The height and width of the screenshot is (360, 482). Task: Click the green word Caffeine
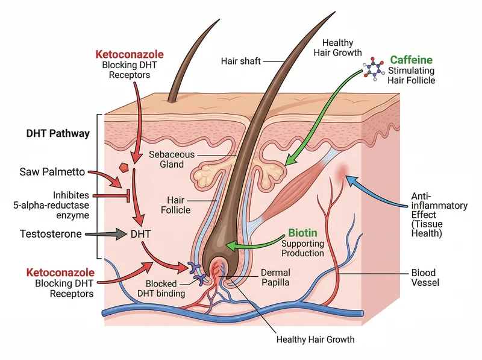coord(412,60)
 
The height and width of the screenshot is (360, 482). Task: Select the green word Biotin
coord(302,232)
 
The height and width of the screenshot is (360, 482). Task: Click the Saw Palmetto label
coord(50,173)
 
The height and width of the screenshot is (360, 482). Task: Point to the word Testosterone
coord(50,233)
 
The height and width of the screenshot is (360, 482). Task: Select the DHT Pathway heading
coord(58,133)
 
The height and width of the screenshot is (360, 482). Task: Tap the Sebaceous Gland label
coord(172,159)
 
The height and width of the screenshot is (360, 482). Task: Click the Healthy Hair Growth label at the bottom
coord(315,339)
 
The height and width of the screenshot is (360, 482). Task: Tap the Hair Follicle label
coord(175,205)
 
